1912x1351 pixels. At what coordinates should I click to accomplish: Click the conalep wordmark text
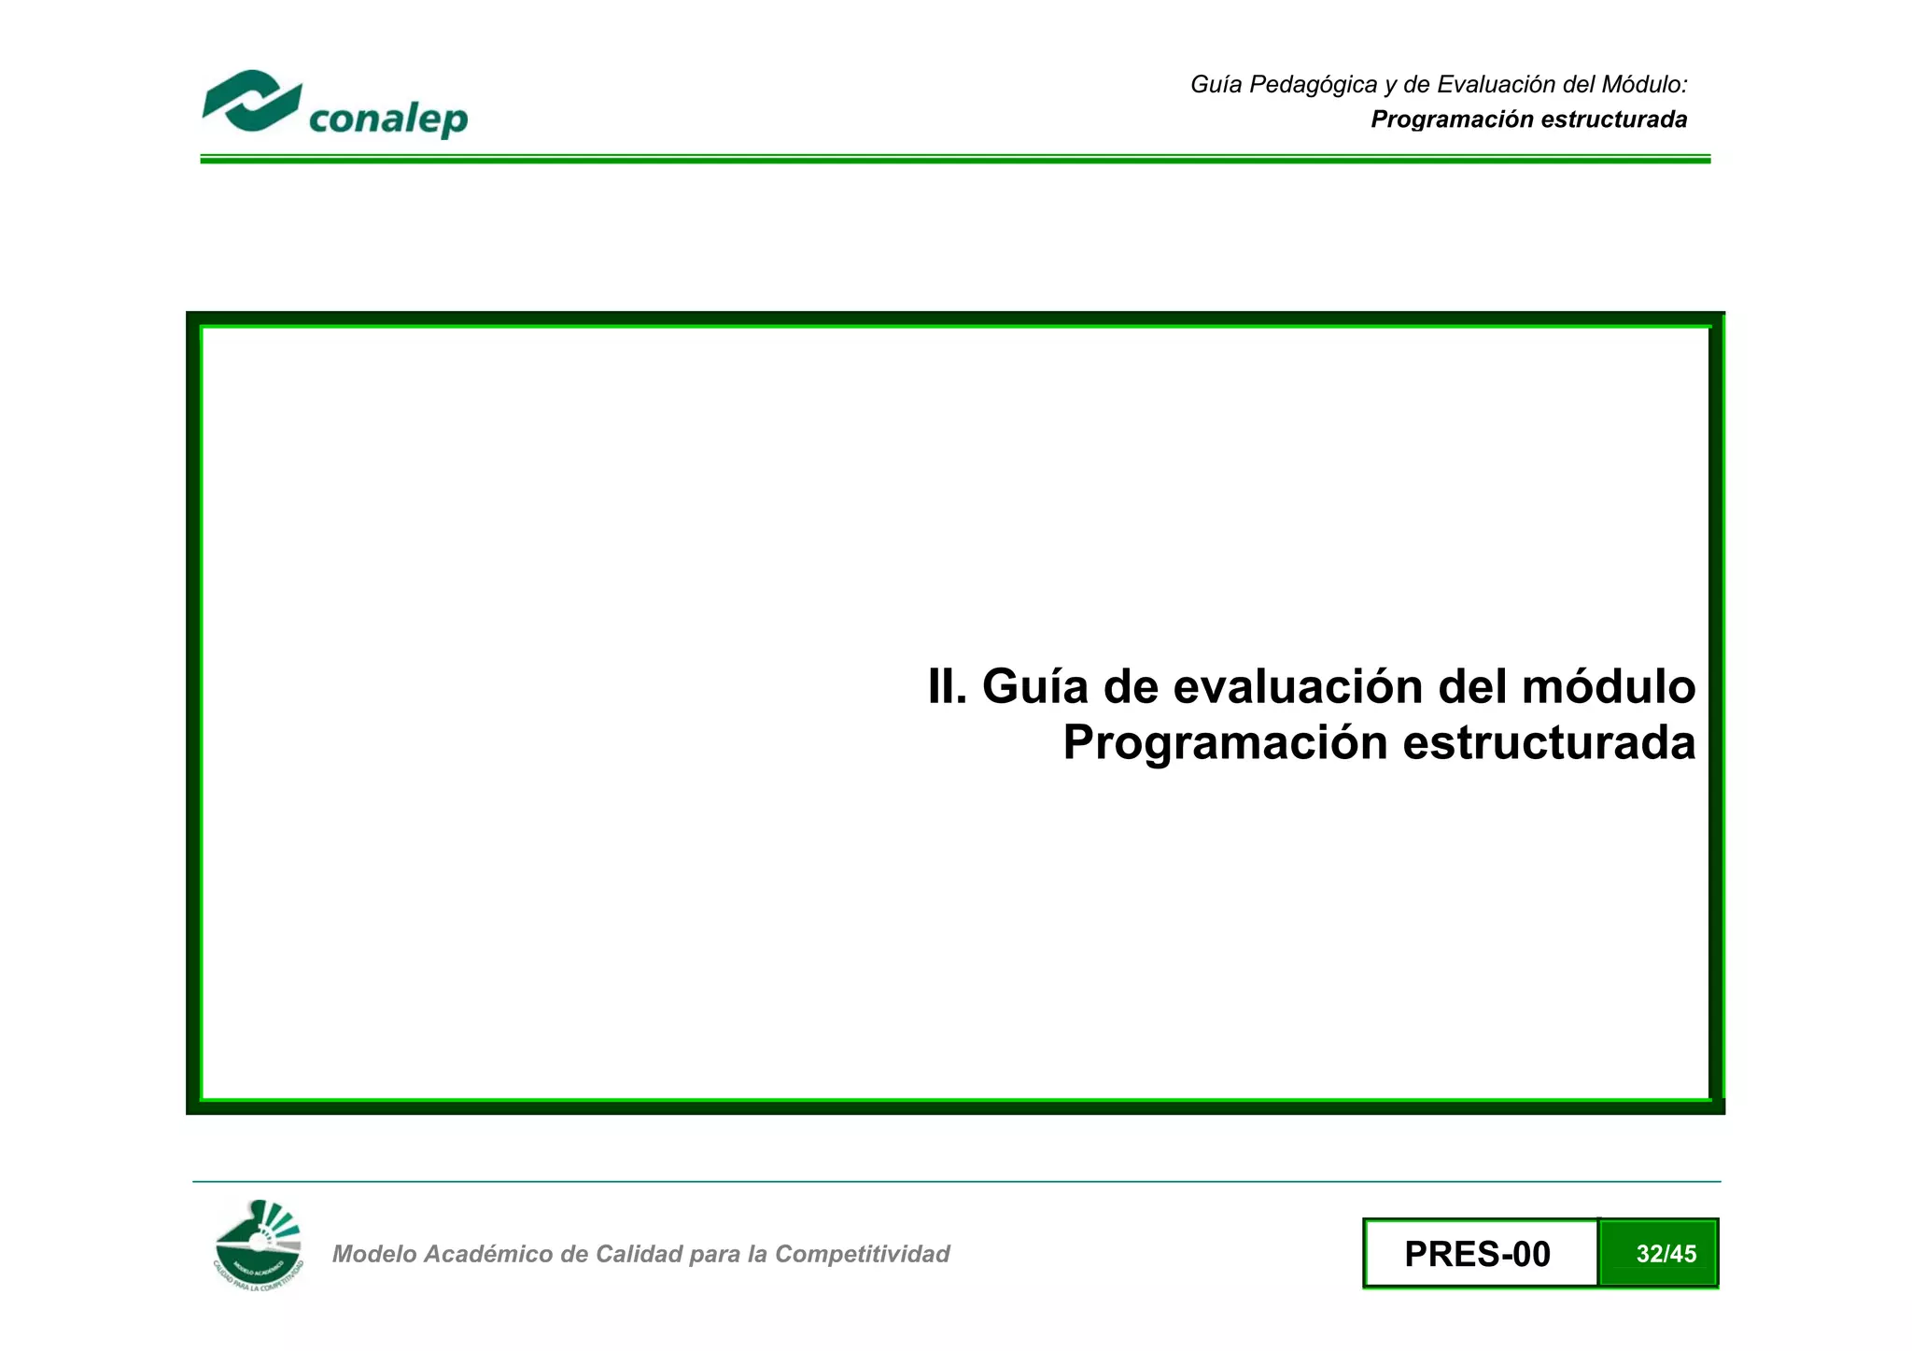pyautogui.click(x=387, y=120)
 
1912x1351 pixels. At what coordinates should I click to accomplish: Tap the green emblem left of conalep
pyautogui.click(x=251, y=101)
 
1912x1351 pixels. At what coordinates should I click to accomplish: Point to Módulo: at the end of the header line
pyautogui.click(x=1644, y=85)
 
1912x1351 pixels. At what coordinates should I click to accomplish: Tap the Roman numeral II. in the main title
pyautogui.click(x=947, y=687)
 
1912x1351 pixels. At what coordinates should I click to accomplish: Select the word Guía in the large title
pyautogui.click(x=1035, y=687)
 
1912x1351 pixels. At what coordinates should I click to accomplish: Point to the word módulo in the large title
pyautogui.click(x=1609, y=687)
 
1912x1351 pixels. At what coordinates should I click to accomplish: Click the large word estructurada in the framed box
pyautogui.click(x=1549, y=743)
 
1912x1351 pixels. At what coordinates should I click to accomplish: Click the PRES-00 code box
pyautogui.click(x=1479, y=1254)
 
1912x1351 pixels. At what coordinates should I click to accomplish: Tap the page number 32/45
pyautogui.click(x=1666, y=1254)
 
